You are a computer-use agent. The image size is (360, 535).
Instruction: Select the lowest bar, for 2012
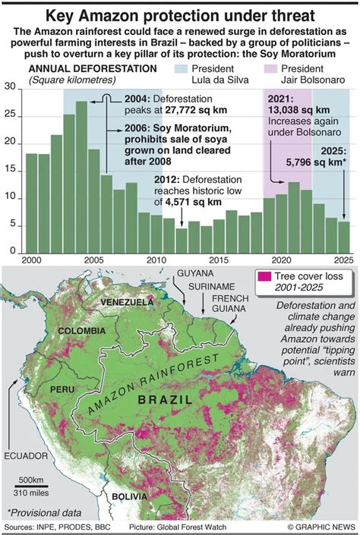tap(181, 241)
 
